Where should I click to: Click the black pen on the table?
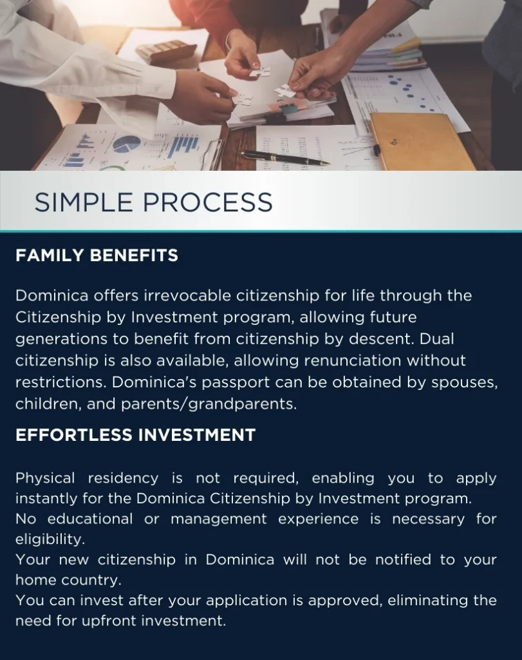[284, 158]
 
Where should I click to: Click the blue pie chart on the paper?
[127, 144]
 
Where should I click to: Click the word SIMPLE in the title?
[84, 202]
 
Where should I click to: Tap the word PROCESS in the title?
[208, 202]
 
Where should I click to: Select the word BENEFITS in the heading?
[134, 255]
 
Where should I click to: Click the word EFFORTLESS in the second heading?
[73, 435]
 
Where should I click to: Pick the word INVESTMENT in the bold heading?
[197, 435]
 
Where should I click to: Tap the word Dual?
[436, 339]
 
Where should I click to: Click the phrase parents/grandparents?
[209, 405]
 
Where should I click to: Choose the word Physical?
[45, 478]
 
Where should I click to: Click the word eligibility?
[50, 539]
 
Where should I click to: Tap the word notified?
[403, 559]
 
